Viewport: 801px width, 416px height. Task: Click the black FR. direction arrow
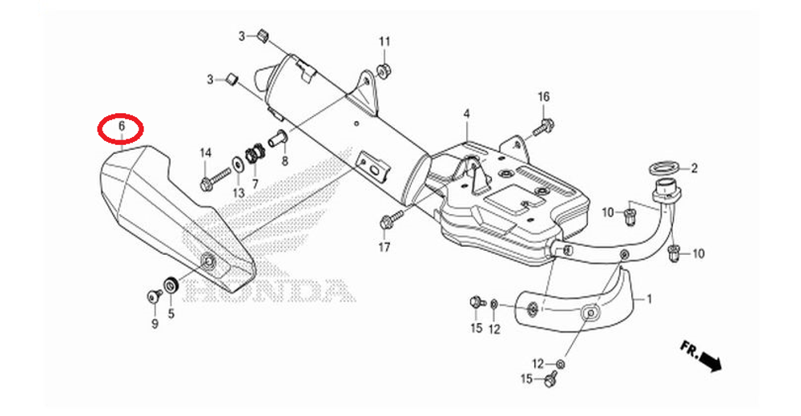710,361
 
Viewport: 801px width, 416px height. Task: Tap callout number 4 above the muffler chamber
466,114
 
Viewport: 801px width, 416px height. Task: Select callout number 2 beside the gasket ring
694,168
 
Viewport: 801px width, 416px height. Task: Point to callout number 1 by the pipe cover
650,298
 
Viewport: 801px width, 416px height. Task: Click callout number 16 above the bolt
544,97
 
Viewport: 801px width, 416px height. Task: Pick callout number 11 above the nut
384,42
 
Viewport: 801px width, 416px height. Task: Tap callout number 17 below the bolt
384,248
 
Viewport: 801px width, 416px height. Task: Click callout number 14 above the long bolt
205,152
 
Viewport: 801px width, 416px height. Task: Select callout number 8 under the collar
284,161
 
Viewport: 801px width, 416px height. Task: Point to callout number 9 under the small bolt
155,324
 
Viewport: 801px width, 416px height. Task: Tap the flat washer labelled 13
238,163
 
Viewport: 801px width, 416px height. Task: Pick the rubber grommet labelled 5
171,284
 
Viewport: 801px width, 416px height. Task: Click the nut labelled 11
383,69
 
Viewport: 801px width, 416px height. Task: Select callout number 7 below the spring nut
255,183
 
